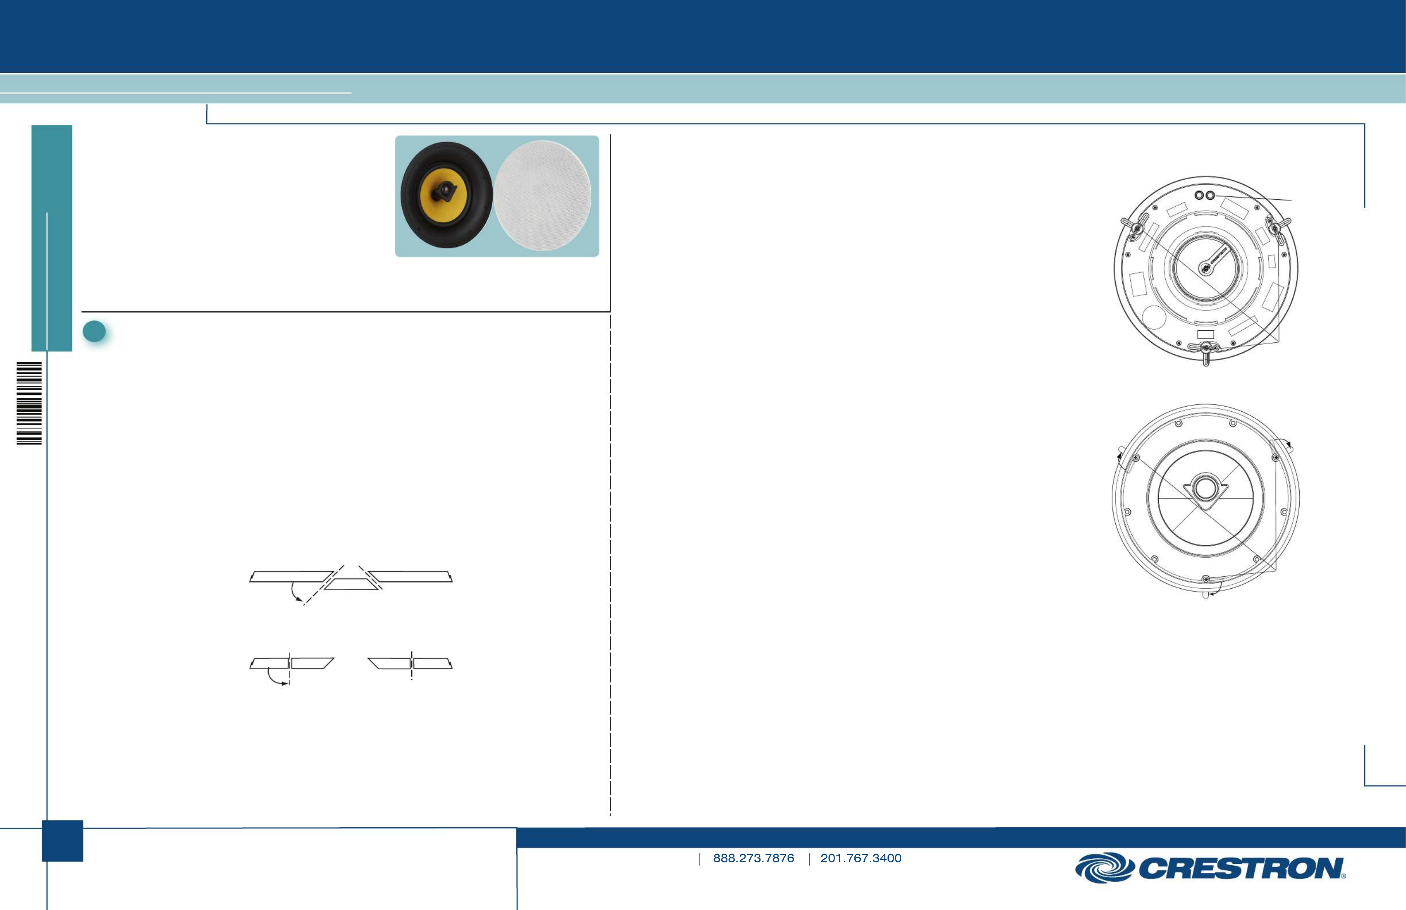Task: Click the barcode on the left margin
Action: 29,403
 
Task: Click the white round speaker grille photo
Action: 542,196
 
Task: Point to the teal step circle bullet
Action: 94,332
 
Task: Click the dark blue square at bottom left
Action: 62,841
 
